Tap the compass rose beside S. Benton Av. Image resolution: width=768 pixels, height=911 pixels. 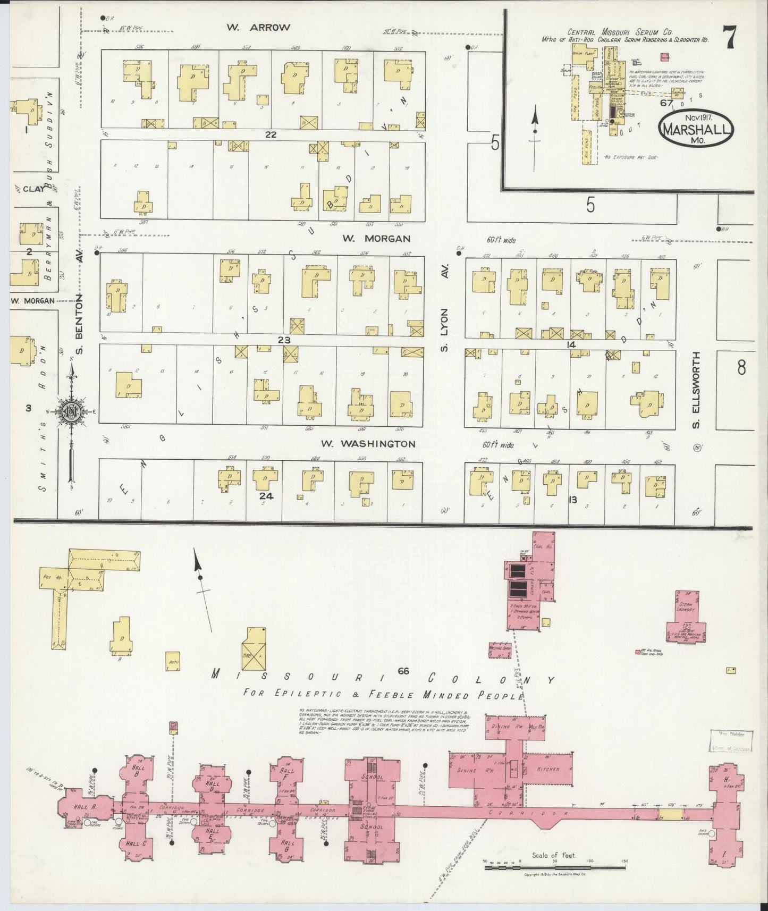point(71,410)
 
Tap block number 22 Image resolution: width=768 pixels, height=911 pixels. point(271,134)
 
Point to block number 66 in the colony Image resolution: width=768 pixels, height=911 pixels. point(403,671)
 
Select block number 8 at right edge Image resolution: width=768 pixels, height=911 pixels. point(741,368)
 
